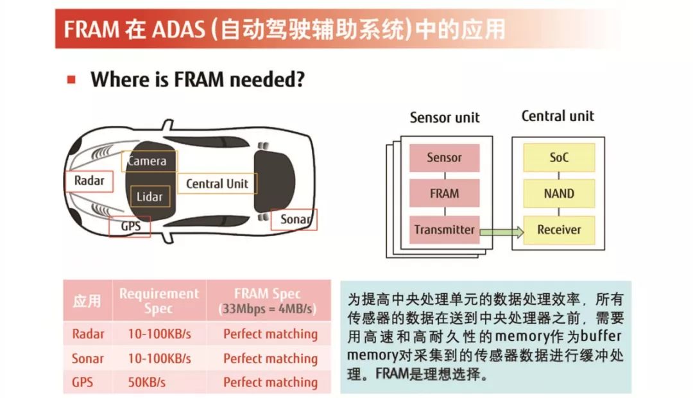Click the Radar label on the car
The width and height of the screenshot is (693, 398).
[89, 181]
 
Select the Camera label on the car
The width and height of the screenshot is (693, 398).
[150, 161]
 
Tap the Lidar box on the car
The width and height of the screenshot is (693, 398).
[150, 196]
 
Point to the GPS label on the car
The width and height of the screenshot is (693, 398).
[130, 227]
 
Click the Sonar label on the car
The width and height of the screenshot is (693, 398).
[294, 220]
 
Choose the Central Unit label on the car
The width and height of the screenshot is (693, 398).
[217, 184]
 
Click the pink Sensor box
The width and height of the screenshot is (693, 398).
[444, 157]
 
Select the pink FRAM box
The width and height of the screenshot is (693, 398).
[444, 193]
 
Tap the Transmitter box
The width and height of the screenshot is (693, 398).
[444, 230]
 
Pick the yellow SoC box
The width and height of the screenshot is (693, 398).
[559, 157]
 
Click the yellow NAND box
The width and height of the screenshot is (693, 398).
[559, 193]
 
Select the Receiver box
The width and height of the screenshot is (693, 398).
[559, 230]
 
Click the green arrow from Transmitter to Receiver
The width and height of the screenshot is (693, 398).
[502, 232]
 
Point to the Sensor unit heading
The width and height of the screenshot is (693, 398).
[445, 117]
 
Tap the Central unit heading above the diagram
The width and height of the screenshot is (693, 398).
[558, 116]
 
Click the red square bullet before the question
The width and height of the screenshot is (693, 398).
[71, 80]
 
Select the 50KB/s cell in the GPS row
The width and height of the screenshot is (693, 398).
[147, 382]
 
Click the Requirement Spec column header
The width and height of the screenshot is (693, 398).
[159, 300]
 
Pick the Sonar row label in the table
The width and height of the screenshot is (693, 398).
[87, 358]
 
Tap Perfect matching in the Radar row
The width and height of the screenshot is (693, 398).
[271, 334]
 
